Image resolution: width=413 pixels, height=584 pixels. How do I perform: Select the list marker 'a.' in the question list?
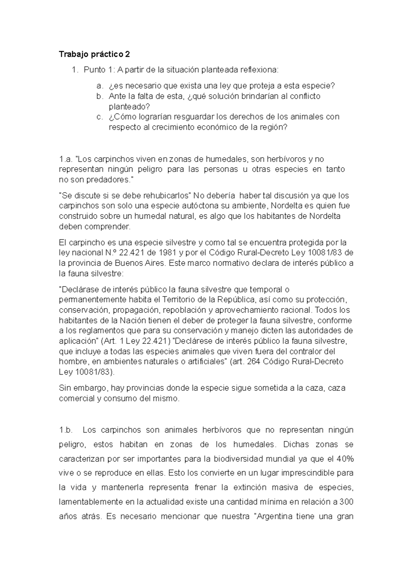coord(99,86)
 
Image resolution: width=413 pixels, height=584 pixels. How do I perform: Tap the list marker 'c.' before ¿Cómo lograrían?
coord(99,117)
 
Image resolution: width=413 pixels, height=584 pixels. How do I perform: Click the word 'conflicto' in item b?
coord(305,96)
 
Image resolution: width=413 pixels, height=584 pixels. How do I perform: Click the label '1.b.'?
coord(66,430)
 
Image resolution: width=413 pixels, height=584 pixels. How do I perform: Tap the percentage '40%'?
coord(345,459)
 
